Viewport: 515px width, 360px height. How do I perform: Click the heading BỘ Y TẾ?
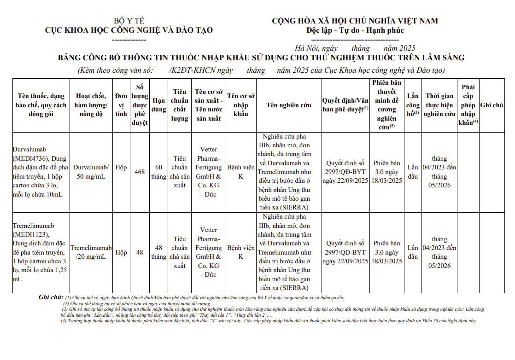click(129, 21)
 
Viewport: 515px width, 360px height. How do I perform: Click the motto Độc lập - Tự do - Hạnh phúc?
click(355, 30)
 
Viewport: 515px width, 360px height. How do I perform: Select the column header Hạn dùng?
click(158, 105)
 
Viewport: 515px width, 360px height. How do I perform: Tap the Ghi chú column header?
click(492, 105)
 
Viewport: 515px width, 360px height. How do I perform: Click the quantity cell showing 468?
click(140, 172)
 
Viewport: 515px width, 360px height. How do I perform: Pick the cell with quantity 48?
click(140, 252)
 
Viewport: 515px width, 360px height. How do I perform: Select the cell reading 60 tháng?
click(158, 172)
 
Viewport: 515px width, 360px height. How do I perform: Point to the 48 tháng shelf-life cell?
click(158, 252)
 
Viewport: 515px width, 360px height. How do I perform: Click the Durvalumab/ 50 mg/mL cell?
click(91, 172)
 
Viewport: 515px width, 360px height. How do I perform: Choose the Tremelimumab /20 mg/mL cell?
click(91, 252)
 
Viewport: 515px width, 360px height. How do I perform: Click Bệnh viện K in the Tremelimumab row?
click(241, 252)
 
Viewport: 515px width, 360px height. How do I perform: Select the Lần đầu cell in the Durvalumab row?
click(413, 172)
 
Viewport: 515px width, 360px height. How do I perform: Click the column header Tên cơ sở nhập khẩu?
click(241, 105)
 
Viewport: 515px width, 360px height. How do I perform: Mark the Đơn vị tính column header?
click(121, 105)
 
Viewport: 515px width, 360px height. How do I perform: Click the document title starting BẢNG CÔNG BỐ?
click(261, 58)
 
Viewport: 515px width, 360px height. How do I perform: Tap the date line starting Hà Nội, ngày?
click(355, 48)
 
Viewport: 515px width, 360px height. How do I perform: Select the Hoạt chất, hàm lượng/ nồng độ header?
click(91, 105)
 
